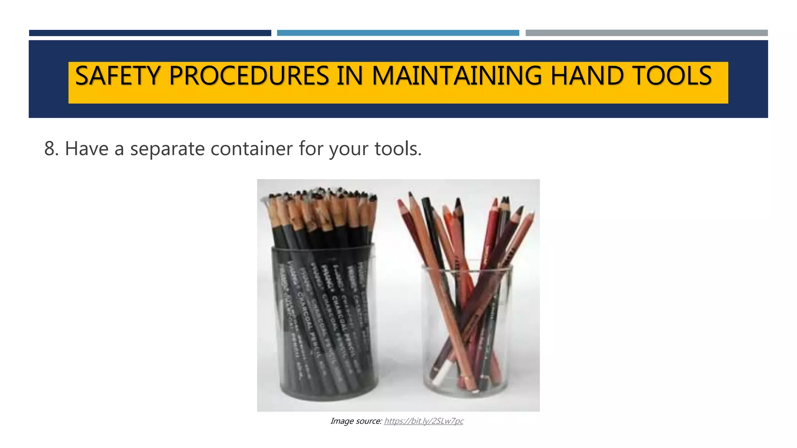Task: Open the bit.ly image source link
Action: pos(423,421)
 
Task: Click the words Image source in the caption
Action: pos(356,421)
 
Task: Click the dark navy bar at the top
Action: pos(150,33)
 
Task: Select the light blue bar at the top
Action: pos(398,33)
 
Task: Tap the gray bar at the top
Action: pos(646,33)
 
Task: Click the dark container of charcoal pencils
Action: pos(325,323)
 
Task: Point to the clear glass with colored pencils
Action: pos(467,331)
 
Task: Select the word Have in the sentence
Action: pos(86,149)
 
